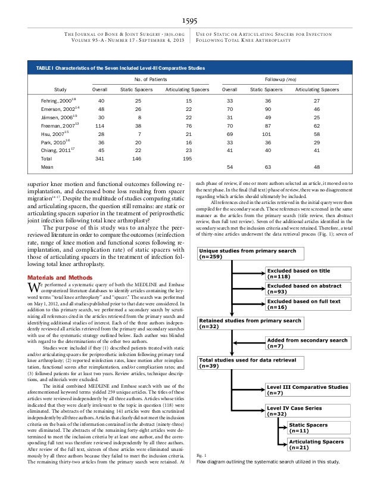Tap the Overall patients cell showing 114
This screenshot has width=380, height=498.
[x=103, y=126]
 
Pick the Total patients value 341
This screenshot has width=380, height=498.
[x=103, y=159]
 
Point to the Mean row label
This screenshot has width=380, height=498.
[x=45, y=168]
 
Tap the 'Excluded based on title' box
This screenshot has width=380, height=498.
[x=304, y=274]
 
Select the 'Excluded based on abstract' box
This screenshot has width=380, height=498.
[x=304, y=289]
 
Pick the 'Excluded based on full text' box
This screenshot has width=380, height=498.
[x=304, y=305]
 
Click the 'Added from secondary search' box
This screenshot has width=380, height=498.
[x=304, y=343]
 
